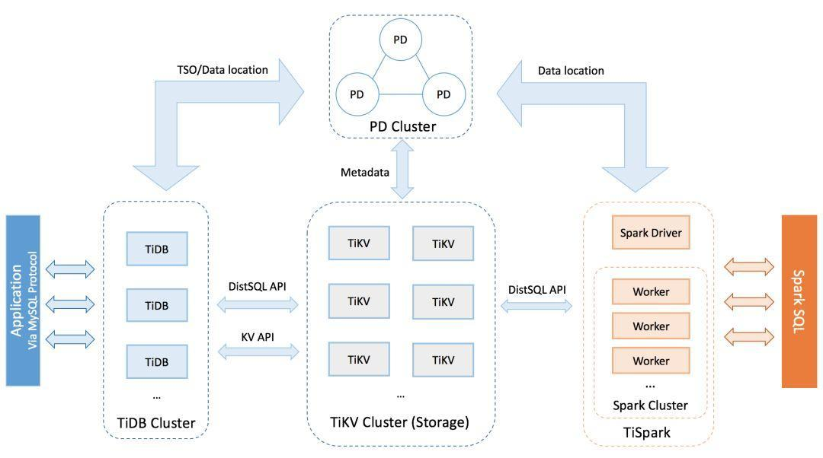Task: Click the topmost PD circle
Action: (400, 39)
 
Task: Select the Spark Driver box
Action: (650, 234)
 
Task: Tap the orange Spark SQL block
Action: (799, 301)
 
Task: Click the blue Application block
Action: (22, 301)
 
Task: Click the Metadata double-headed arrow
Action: (401, 172)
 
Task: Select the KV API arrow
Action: (258, 351)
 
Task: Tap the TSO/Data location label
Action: (222, 70)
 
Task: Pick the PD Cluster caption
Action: (402, 126)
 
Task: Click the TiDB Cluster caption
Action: (156, 423)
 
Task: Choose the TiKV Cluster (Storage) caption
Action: (400, 421)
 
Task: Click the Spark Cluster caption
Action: (650, 406)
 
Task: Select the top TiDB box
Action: (156, 250)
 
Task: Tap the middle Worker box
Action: (650, 326)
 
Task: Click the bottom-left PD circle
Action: (356, 94)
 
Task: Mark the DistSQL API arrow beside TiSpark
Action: (536, 305)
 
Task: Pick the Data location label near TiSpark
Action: (571, 71)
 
